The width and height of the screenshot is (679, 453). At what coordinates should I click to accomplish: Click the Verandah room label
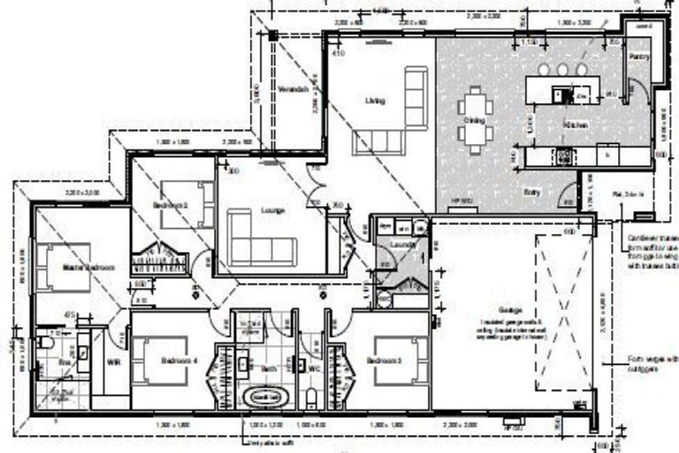[291, 91]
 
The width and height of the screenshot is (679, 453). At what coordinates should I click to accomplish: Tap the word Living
[375, 101]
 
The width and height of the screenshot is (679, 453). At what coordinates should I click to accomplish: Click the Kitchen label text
[576, 126]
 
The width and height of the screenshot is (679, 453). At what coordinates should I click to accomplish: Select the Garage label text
[509, 311]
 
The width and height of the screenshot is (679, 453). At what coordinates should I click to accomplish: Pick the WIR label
[112, 363]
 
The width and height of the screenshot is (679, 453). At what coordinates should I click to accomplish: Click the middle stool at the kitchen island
[562, 69]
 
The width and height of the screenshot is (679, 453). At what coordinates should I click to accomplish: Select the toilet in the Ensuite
[45, 342]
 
